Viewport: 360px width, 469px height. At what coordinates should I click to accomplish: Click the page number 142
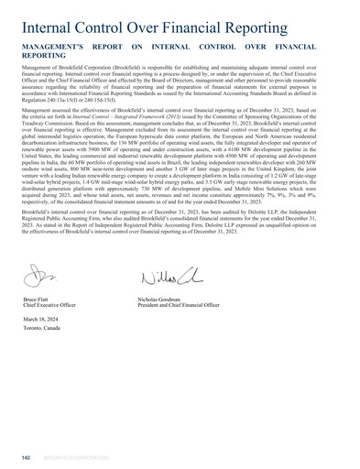(27, 455)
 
